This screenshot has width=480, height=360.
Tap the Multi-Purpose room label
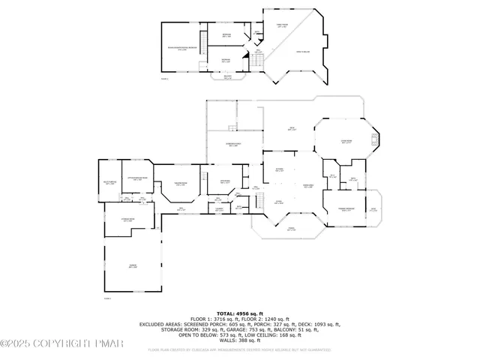110,182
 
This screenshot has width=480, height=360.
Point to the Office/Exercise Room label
138,178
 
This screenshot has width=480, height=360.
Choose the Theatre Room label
181,183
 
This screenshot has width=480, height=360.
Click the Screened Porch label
233,145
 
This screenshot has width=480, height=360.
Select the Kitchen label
278,169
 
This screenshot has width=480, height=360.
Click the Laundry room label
219,209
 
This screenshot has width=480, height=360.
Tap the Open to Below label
303,51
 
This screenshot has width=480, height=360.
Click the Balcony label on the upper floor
228,76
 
